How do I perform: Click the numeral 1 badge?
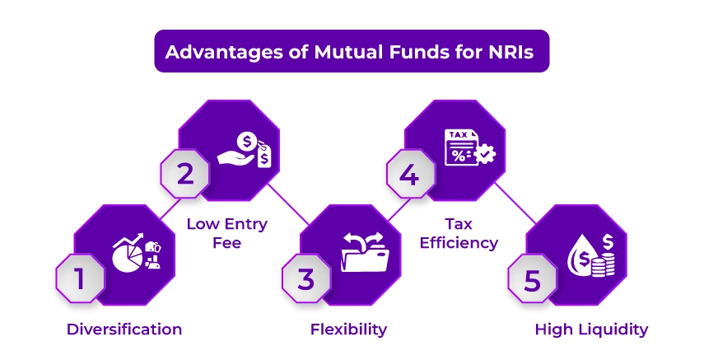pyautogui.click(x=80, y=278)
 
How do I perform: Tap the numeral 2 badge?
pyautogui.click(x=185, y=174)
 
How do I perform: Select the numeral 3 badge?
pyautogui.click(x=305, y=278)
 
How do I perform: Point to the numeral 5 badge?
pyautogui.click(x=531, y=278)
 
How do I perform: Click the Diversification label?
pyautogui.click(x=124, y=330)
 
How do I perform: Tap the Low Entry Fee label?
pyautogui.click(x=226, y=232)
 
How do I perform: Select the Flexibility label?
pyautogui.click(x=348, y=330)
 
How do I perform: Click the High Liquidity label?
pyautogui.click(x=591, y=330)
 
